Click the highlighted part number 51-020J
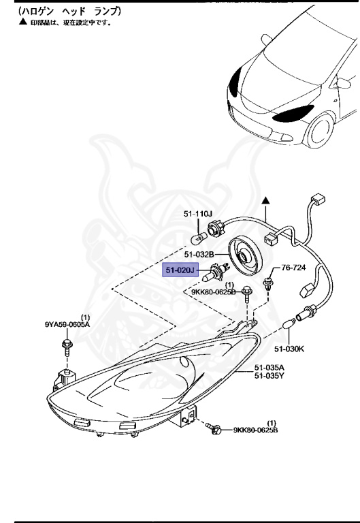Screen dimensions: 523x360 click(180, 271)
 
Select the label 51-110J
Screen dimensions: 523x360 click(198, 215)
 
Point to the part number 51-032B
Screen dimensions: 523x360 click(200, 255)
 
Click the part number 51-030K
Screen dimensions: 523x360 click(289, 349)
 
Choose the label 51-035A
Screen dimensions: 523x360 click(269, 367)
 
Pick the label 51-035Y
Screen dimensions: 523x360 click(269, 375)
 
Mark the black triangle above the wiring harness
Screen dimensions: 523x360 click(267, 202)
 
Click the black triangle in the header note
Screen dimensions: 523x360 click(22, 22)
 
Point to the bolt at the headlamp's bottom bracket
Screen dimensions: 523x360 click(217, 429)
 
